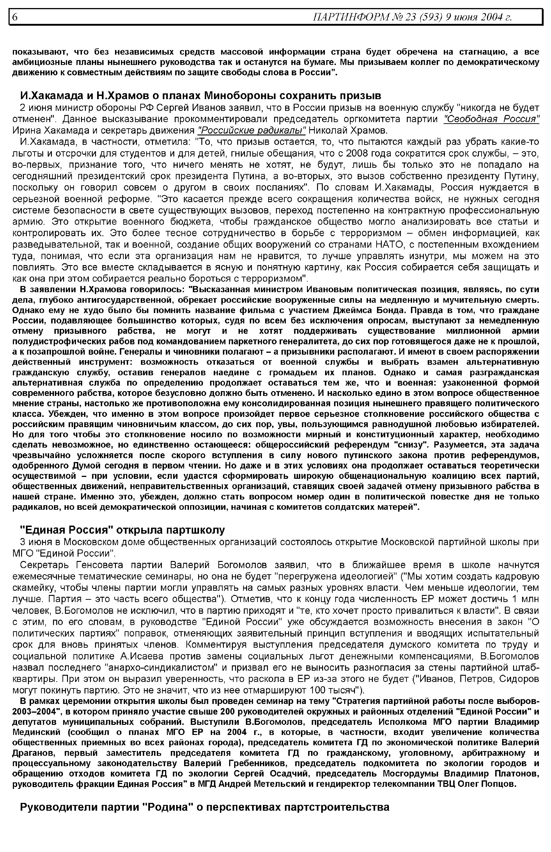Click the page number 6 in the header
click(x=15, y=17)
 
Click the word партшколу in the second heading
click(x=192, y=530)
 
